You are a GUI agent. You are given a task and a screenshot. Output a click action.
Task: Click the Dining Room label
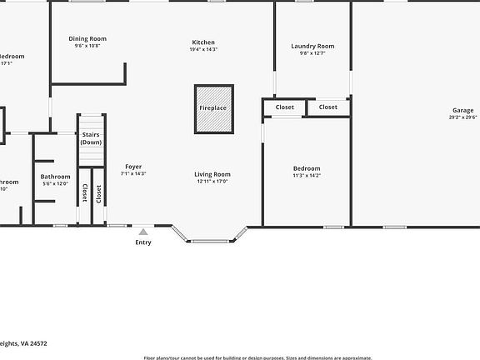coord(87,38)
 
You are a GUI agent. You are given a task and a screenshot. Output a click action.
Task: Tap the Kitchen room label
coord(203,42)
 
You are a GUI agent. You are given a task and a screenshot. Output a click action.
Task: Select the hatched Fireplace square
coord(213,108)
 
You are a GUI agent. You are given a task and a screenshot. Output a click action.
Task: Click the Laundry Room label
coord(312,46)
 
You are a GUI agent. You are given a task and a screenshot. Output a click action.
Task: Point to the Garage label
coord(463,110)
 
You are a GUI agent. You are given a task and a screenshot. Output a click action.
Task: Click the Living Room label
coord(213,174)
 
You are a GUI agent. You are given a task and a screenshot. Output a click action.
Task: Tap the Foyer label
coord(133,167)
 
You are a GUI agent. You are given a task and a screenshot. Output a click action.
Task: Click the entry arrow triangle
coord(143,232)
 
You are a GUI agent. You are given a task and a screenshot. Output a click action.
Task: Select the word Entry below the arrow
coord(143,242)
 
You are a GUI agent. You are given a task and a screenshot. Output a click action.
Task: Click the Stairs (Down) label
coord(91,138)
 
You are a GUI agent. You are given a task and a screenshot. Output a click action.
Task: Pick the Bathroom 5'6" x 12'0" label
coord(56,176)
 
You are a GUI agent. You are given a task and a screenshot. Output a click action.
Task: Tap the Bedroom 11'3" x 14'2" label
coord(307,168)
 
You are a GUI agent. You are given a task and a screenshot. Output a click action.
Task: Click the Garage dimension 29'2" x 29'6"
coord(463,117)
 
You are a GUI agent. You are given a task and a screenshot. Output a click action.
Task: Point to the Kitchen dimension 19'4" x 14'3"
coord(203,49)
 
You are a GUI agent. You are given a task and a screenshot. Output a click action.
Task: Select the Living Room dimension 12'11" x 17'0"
coord(213,181)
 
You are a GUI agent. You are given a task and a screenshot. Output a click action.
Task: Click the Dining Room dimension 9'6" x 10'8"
coord(87,46)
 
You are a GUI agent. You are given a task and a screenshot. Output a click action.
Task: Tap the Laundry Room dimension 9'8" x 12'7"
coord(312,53)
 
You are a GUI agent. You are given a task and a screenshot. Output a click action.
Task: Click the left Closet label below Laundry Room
coord(285,107)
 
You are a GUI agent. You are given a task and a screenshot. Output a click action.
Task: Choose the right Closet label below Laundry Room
coord(328,107)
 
